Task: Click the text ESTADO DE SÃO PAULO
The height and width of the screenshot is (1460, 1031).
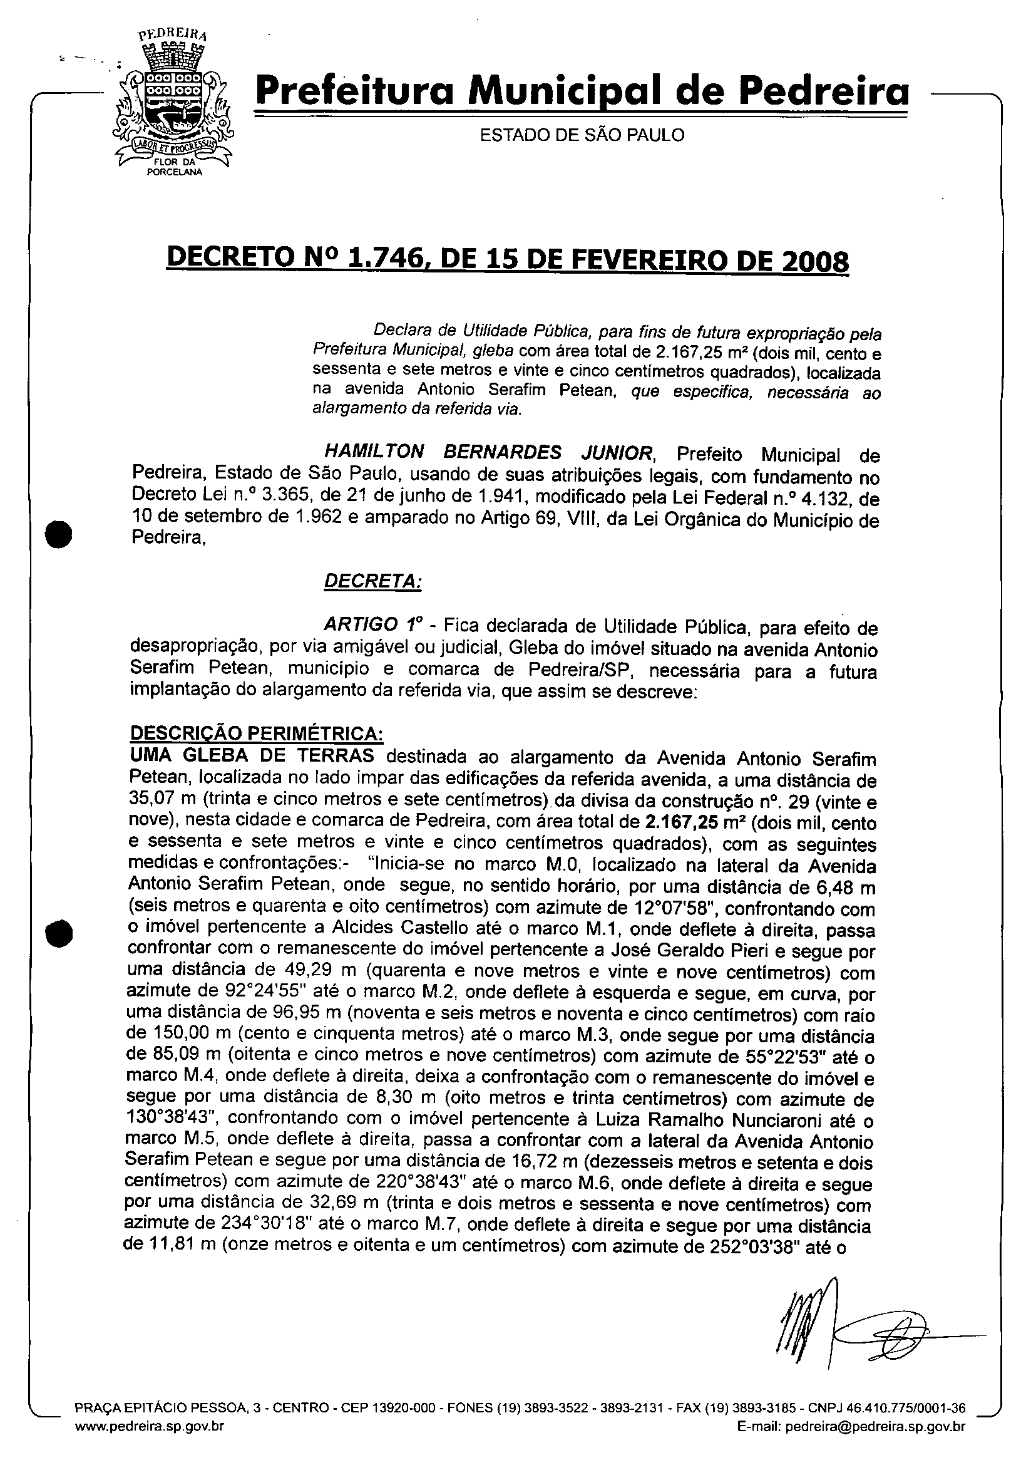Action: (x=582, y=135)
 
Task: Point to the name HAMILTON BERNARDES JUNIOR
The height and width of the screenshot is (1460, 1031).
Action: (x=488, y=453)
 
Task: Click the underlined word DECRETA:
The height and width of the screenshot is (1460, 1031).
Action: (x=372, y=581)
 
